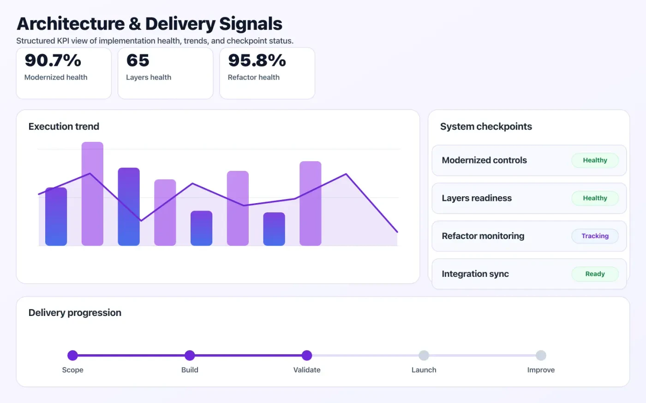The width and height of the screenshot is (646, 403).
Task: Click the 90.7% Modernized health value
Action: click(53, 60)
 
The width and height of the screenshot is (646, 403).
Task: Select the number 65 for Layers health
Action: click(138, 60)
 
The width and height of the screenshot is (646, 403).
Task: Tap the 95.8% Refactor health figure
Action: click(257, 60)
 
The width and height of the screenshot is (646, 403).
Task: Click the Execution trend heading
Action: click(64, 127)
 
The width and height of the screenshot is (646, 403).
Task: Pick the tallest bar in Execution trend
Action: click(92, 193)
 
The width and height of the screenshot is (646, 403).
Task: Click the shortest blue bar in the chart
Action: click(274, 229)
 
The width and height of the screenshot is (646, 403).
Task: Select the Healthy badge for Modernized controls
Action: click(595, 160)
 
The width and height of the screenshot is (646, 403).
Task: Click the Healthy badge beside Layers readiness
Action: click(595, 198)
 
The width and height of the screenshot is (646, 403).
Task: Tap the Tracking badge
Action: click(595, 236)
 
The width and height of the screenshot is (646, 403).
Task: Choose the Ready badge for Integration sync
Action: click(595, 274)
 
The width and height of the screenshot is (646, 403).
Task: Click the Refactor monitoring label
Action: click(483, 236)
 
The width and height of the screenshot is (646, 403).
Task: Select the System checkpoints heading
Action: click(486, 127)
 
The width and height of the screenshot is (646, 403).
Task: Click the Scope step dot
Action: click(72, 355)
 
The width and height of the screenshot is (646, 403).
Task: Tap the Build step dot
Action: click(190, 355)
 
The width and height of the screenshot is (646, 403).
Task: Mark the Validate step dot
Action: click(307, 355)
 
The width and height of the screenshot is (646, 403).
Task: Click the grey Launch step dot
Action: click(424, 355)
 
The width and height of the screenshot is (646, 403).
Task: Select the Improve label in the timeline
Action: click(541, 370)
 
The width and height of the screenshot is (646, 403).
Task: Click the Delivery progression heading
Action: click(75, 313)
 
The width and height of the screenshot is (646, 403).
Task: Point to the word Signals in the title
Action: click(251, 24)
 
